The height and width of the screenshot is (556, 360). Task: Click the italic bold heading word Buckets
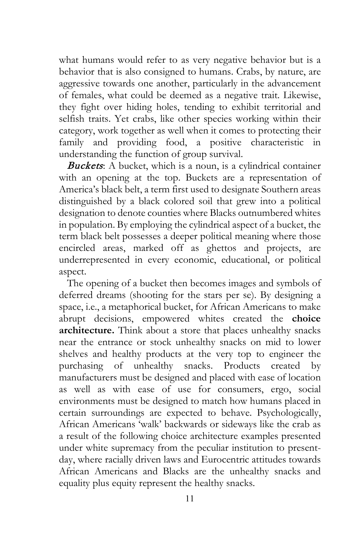(85, 166)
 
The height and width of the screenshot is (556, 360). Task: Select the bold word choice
(306, 319)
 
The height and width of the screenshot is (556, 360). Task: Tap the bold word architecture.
(86, 330)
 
